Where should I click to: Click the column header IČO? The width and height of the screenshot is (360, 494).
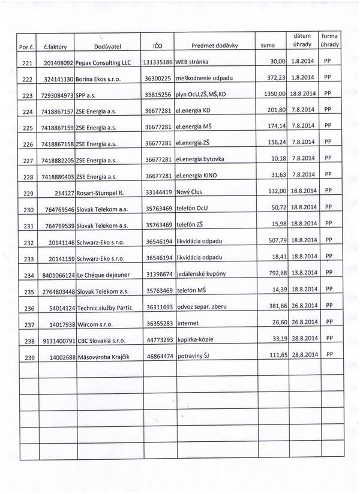coord(157,46)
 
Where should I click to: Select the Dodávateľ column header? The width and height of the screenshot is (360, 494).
coord(108,46)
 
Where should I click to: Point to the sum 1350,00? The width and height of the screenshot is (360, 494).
coord(275,94)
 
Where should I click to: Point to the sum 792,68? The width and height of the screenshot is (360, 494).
coord(277,273)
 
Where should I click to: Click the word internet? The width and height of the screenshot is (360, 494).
coord(188,323)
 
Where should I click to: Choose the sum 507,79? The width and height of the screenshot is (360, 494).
coord(277,241)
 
